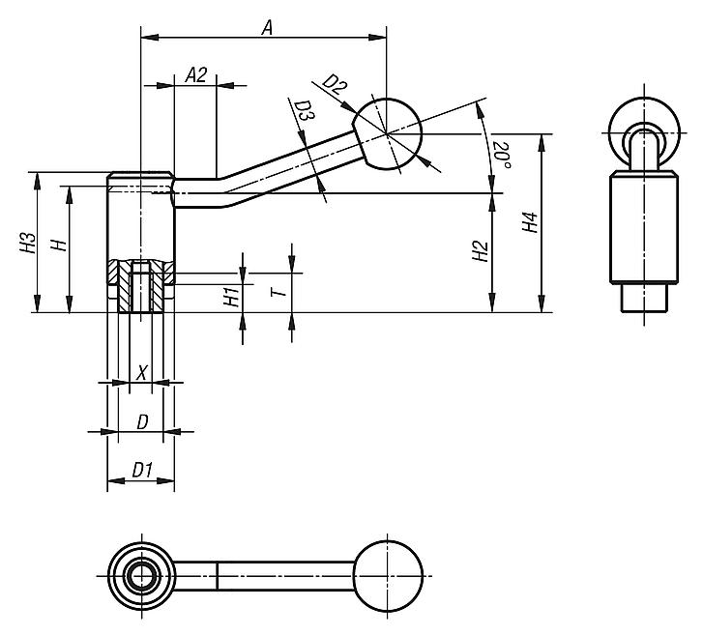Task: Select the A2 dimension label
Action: (196, 75)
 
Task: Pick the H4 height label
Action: (528, 224)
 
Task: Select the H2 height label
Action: (480, 253)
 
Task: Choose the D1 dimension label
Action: (142, 470)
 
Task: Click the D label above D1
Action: (142, 421)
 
